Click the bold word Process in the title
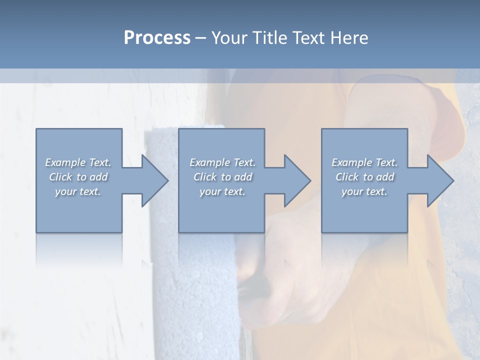pos(157,38)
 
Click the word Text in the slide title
pos(307,38)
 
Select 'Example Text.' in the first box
pos(78,162)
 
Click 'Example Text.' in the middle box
pos(222,162)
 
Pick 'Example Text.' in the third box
pos(364,162)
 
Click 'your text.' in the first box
pos(78,191)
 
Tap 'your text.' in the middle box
pos(222,191)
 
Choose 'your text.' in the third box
pos(364,191)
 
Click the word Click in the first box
pos(60,177)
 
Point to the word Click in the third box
pos(347,177)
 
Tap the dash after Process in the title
pos(201,38)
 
